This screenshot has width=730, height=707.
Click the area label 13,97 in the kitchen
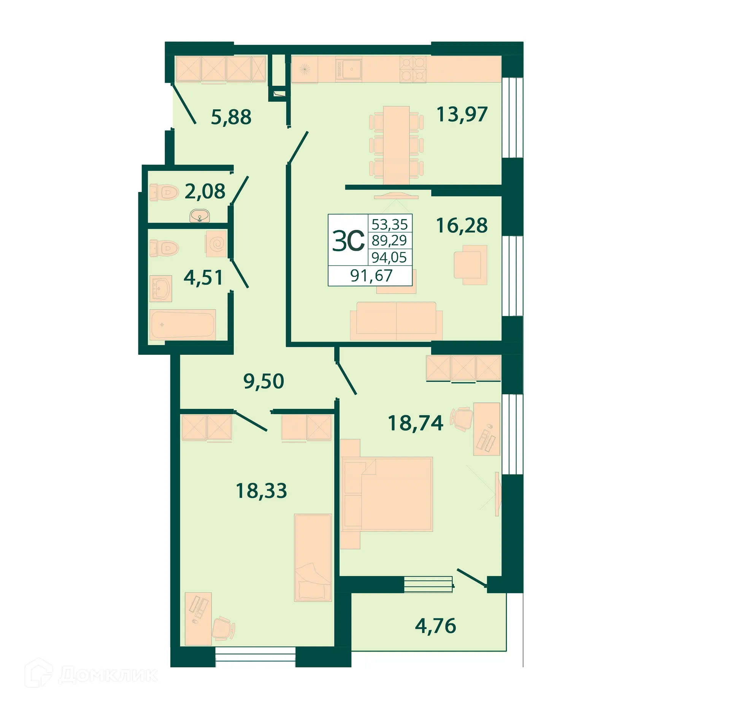click(x=462, y=114)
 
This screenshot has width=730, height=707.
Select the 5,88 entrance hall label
click(x=231, y=117)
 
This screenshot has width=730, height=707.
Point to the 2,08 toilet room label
click(x=205, y=191)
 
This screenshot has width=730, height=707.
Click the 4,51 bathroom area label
click(x=203, y=277)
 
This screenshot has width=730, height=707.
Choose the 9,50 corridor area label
click(x=263, y=381)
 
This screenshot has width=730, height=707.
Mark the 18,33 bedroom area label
click(x=261, y=491)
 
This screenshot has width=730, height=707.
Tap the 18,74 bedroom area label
click(x=415, y=423)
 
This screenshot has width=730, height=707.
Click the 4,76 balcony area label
click(x=435, y=626)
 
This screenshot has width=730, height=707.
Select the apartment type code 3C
click(x=348, y=241)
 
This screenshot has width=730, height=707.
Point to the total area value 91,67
click(x=371, y=275)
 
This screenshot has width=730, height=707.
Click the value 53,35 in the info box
click(x=389, y=224)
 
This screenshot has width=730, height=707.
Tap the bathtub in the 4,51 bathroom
click(x=182, y=325)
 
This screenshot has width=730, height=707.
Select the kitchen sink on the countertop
click(x=348, y=70)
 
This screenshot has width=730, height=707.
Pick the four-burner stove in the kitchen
click(x=413, y=70)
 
